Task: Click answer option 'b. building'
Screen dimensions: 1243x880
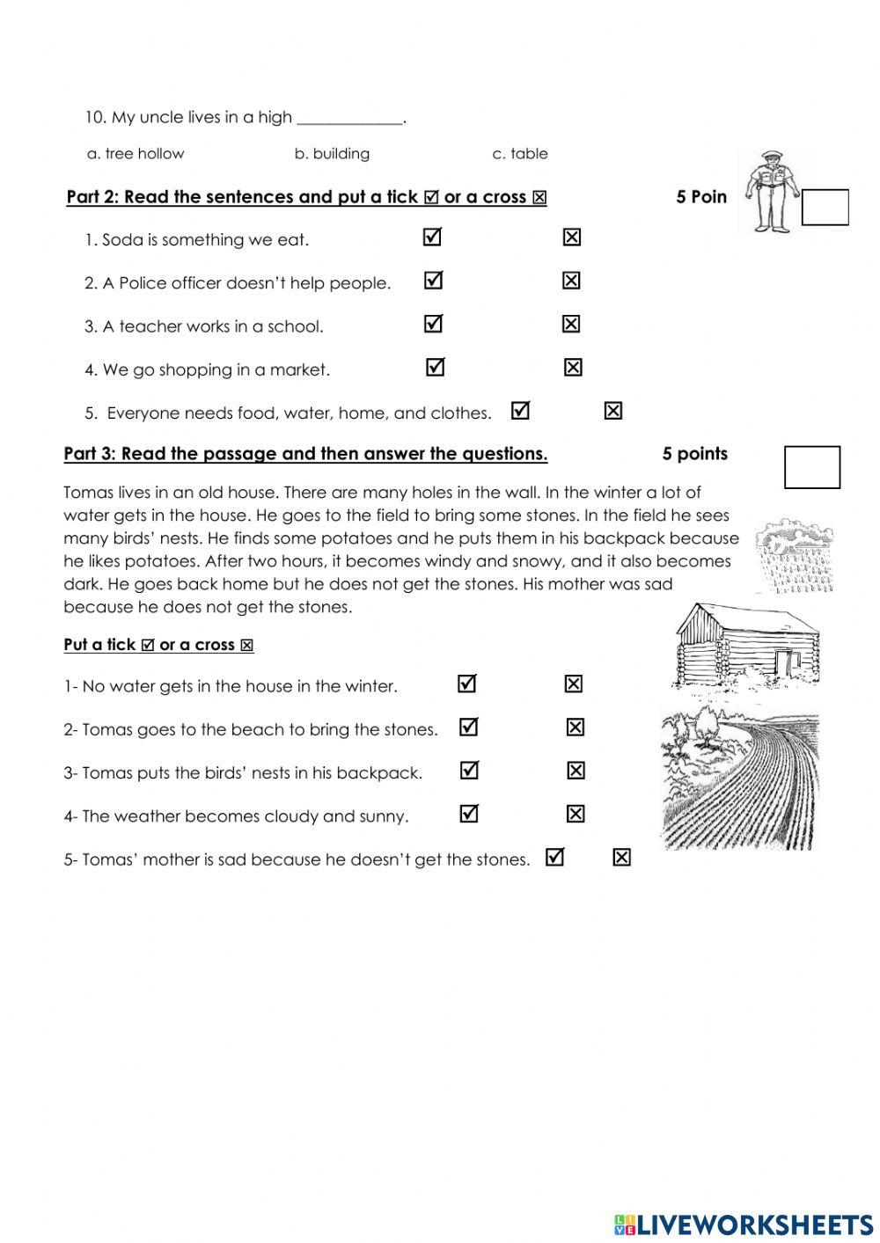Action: point(332,154)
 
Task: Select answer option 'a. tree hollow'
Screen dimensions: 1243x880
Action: point(136,154)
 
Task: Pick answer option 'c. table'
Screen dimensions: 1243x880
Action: point(519,154)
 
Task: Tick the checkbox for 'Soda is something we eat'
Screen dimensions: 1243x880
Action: point(432,238)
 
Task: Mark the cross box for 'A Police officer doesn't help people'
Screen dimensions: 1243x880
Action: point(571,281)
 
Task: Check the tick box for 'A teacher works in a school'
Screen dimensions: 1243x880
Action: point(432,324)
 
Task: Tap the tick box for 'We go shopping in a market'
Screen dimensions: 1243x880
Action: point(435,367)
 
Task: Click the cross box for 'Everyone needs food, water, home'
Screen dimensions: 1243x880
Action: point(613,411)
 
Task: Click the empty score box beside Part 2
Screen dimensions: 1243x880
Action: point(825,208)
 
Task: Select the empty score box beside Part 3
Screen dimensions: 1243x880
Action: point(811,467)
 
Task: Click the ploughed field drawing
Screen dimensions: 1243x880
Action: point(741,779)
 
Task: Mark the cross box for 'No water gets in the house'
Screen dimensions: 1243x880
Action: point(573,684)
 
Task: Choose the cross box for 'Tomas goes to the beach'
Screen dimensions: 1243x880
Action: point(575,728)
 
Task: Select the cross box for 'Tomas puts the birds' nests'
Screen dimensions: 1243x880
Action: point(576,771)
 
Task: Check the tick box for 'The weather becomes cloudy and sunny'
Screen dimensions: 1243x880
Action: point(469,814)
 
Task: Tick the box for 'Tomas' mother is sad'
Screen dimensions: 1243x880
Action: point(554,857)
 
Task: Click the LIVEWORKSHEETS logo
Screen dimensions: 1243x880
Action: point(744,1224)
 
